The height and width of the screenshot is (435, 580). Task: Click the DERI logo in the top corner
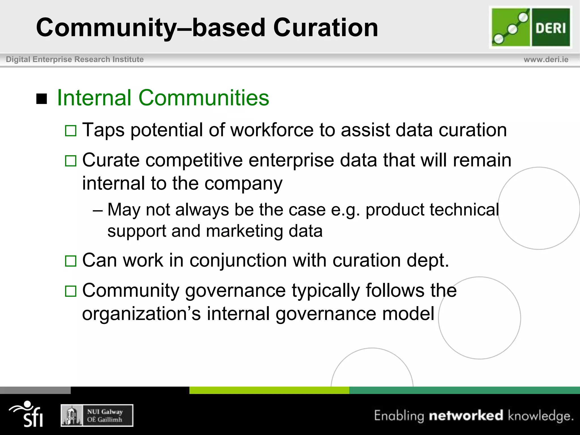click(530, 27)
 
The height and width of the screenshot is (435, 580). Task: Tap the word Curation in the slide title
click(325, 28)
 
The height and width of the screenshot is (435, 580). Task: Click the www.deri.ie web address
click(546, 59)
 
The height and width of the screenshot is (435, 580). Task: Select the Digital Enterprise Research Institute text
click(75, 59)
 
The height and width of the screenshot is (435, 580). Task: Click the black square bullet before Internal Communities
click(42, 99)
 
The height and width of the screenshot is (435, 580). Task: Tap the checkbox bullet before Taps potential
click(71, 131)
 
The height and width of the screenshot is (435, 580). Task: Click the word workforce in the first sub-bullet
click(272, 130)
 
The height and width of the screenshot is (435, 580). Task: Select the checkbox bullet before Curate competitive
click(71, 161)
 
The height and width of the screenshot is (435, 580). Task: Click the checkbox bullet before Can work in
click(71, 261)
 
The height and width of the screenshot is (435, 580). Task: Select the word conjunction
click(238, 260)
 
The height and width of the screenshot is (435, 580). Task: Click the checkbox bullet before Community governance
click(71, 291)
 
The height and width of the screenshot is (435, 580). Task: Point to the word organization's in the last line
click(141, 314)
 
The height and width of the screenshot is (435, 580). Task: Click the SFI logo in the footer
click(27, 414)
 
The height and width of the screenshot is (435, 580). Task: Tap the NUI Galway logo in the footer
click(97, 415)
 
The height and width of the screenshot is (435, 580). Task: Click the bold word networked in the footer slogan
click(466, 415)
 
